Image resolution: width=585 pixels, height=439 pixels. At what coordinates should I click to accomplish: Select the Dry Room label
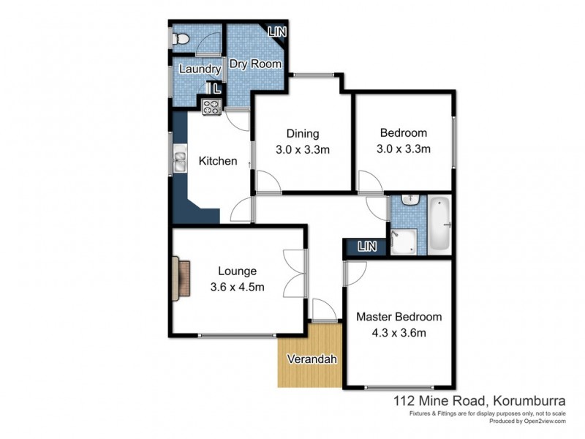(x=255, y=64)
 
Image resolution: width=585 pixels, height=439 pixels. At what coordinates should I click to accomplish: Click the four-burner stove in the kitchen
(x=211, y=108)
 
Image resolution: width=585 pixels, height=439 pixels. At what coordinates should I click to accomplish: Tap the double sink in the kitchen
(x=179, y=159)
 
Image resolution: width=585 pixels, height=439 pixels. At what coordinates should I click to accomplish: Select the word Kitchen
(x=218, y=161)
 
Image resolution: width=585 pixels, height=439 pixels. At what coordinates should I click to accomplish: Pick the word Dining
(x=303, y=133)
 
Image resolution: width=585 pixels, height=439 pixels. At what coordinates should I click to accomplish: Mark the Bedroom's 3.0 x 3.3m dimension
(x=404, y=149)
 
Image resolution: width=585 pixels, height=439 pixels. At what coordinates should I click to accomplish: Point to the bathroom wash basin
(x=411, y=200)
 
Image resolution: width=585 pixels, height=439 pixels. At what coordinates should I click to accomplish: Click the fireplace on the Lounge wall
(x=181, y=279)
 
